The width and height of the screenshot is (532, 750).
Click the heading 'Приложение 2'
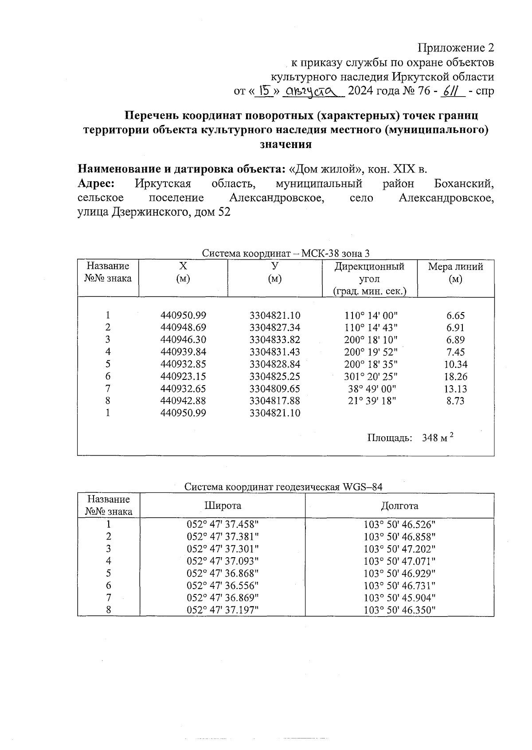(456, 47)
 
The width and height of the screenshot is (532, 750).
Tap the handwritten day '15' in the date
(265, 91)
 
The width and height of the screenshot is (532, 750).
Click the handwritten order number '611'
(452, 91)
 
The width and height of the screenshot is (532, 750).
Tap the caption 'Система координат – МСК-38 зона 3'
(286, 254)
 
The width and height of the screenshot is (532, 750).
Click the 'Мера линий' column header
(455, 267)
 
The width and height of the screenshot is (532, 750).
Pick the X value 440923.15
(183, 377)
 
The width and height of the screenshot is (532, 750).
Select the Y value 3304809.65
(274, 389)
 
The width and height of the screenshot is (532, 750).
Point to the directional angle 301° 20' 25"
(371, 377)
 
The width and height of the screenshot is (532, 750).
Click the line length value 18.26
(456, 377)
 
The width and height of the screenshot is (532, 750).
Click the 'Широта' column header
(223, 506)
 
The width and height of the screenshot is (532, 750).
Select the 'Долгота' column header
(399, 506)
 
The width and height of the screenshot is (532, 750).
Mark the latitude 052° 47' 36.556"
(223, 586)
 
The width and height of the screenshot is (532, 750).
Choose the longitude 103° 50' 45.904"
(399, 598)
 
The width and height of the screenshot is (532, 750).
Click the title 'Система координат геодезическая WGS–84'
(283, 487)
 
